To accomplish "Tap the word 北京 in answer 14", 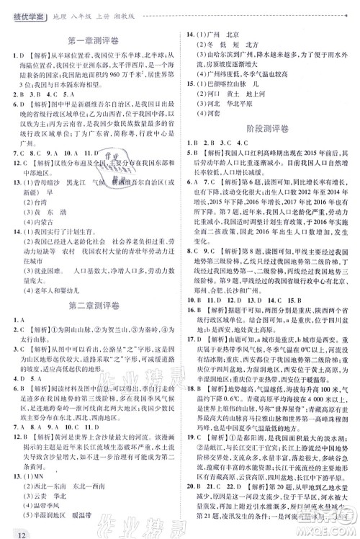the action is pos(232,34).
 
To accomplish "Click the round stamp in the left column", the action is pos(110,163).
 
